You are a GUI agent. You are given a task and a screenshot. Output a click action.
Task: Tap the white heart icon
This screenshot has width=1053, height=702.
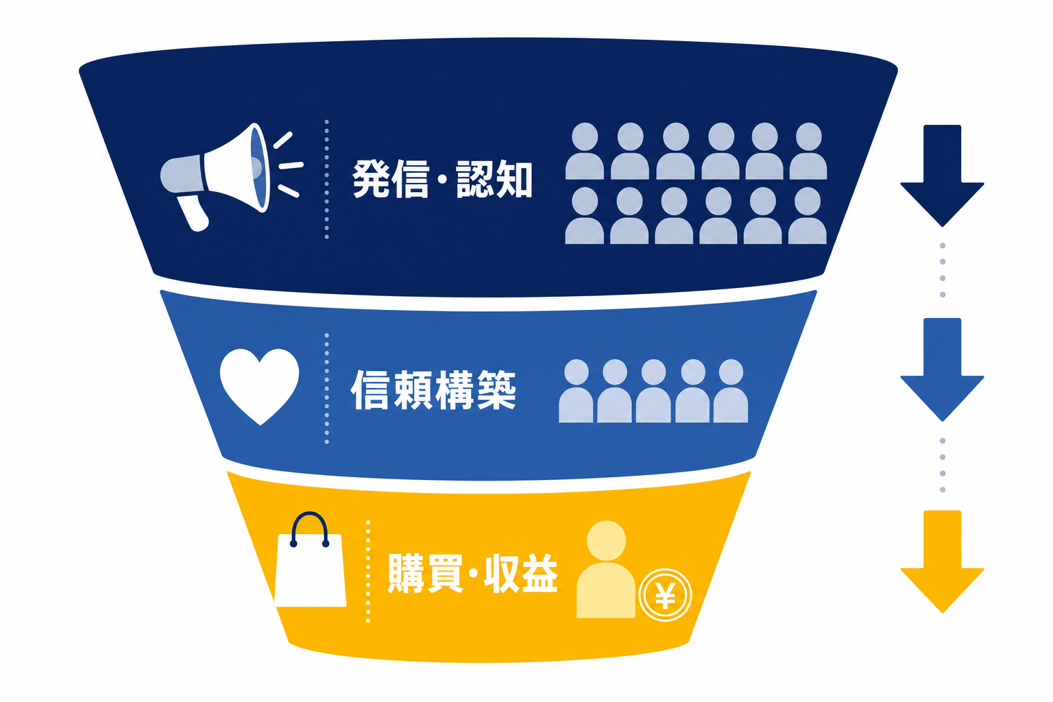(x=260, y=385)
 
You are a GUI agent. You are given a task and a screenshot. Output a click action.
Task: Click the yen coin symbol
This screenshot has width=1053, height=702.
(x=665, y=595)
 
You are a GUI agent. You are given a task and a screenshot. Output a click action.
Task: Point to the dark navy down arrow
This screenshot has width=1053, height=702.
(x=942, y=175)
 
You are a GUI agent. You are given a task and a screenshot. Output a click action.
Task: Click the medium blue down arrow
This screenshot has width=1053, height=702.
(x=942, y=370)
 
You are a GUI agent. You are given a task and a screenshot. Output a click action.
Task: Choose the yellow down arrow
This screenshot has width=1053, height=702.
(x=942, y=561)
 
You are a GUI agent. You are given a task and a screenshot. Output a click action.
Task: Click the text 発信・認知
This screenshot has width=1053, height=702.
(x=442, y=179)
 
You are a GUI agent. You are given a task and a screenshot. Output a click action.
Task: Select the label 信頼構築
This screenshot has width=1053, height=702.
(x=433, y=390)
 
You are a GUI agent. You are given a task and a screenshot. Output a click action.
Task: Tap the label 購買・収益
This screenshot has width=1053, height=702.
(x=472, y=573)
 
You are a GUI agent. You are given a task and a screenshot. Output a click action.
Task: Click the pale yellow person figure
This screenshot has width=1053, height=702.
(x=606, y=569)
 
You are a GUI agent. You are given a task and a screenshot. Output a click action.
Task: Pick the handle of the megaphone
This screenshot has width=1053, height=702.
(x=193, y=213)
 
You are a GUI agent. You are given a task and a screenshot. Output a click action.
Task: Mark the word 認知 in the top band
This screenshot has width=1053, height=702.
(x=494, y=179)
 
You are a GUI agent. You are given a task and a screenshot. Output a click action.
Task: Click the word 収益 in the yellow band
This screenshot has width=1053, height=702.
(x=521, y=573)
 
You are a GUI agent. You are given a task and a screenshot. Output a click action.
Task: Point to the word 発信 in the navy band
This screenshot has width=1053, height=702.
(x=391, y=179)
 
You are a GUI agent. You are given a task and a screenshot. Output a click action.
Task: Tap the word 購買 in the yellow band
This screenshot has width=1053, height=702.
(x=426, y=573)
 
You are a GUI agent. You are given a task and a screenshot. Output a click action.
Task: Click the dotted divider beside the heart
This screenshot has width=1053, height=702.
(x=327, y=389)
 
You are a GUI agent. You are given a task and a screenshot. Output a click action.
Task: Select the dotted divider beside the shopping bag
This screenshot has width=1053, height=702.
(x=368, y=571)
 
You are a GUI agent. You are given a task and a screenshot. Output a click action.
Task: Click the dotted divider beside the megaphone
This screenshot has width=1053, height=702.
(x=327, y=180)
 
